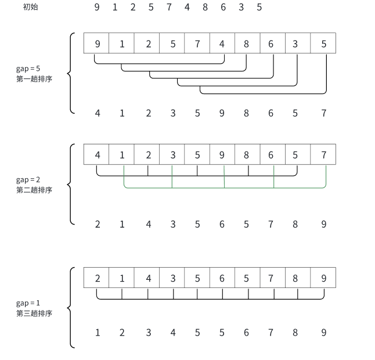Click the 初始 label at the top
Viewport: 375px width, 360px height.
[30, 8]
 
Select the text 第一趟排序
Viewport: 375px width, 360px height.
[34, 78]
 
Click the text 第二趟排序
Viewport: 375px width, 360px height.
[34, 189]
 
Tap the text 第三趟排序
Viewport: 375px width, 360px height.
[34, 313]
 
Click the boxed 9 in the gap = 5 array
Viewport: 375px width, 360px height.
[98, 44]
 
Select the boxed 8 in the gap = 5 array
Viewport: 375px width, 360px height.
[247, 44]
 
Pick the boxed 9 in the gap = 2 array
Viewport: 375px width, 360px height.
[222, 155]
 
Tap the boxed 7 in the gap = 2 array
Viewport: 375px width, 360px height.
[323, 155]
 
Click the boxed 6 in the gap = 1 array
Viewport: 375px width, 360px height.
[222, 278]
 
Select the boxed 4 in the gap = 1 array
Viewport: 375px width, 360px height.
[148, 278]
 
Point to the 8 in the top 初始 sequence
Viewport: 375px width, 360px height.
[205, 8]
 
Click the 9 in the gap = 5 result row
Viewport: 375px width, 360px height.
[222, 113]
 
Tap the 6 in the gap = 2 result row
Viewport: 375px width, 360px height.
[222, 224]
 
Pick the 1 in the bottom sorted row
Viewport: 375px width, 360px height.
[98, 333]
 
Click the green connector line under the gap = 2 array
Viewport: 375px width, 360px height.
[224, 188]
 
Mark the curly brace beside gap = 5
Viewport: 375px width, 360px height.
[71, 73]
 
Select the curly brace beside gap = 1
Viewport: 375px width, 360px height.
[71, 308]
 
